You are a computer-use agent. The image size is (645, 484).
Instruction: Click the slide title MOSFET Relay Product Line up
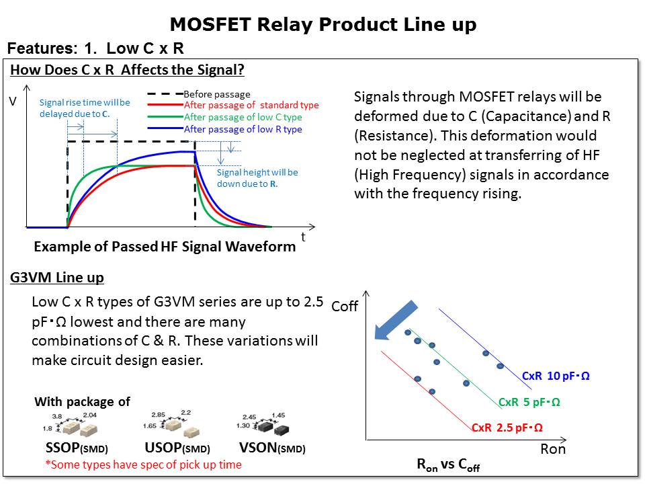click(x=323, y=25)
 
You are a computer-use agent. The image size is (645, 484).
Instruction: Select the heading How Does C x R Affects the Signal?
click(x=128, y=70)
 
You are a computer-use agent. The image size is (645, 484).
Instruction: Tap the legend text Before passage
click(x=216, y=94)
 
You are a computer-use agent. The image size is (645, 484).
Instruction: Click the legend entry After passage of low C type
click(x=243, y=117)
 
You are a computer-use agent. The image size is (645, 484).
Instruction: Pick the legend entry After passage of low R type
click(x=243, y=129)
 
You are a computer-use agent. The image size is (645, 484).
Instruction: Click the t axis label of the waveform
click(x=303, y=237)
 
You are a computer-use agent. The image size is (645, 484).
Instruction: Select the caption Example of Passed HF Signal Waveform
click(x=165, y=247)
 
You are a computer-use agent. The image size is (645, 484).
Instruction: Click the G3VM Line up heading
click(x=57, y=278)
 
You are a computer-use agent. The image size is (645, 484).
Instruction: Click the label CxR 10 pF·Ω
click(x=556, y=376)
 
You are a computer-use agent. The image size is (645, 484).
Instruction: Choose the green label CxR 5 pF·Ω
click(x=529, y=402)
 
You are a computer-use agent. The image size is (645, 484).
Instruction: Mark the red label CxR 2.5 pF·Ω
click(x=507, y=428)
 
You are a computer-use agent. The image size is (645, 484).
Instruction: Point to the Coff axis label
click(x=345, y=307)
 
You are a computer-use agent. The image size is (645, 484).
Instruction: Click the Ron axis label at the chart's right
click(x=553, y=449)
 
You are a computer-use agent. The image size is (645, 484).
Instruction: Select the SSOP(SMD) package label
click(x=72, y=448)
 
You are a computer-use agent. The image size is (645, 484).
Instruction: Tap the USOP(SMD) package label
click(x=177, y=448)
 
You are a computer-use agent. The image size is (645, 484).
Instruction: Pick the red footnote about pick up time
click(x=143, y=465)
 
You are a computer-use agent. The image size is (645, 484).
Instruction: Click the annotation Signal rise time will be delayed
click(x=85, y=108)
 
